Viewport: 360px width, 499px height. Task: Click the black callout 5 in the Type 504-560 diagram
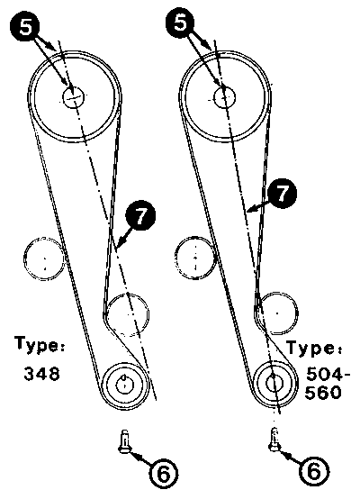click(x=181, y=23)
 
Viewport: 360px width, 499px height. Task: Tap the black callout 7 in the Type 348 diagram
click(x=141, y=216)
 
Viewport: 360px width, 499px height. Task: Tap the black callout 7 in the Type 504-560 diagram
click(x=282, y=193)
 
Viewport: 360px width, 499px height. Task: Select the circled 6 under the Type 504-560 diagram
click(x=314, y=471)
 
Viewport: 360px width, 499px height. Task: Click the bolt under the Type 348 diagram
click(x=125, y=440)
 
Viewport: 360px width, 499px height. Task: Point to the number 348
click(x=41, y=373)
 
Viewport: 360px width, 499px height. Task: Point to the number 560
click(x=323, y=393)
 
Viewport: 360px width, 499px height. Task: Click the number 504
click(x=325, y=374)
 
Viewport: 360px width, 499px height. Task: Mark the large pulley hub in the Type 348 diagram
click(x=74, y=96)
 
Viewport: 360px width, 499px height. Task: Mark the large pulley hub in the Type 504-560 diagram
click(x=225, y=96)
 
